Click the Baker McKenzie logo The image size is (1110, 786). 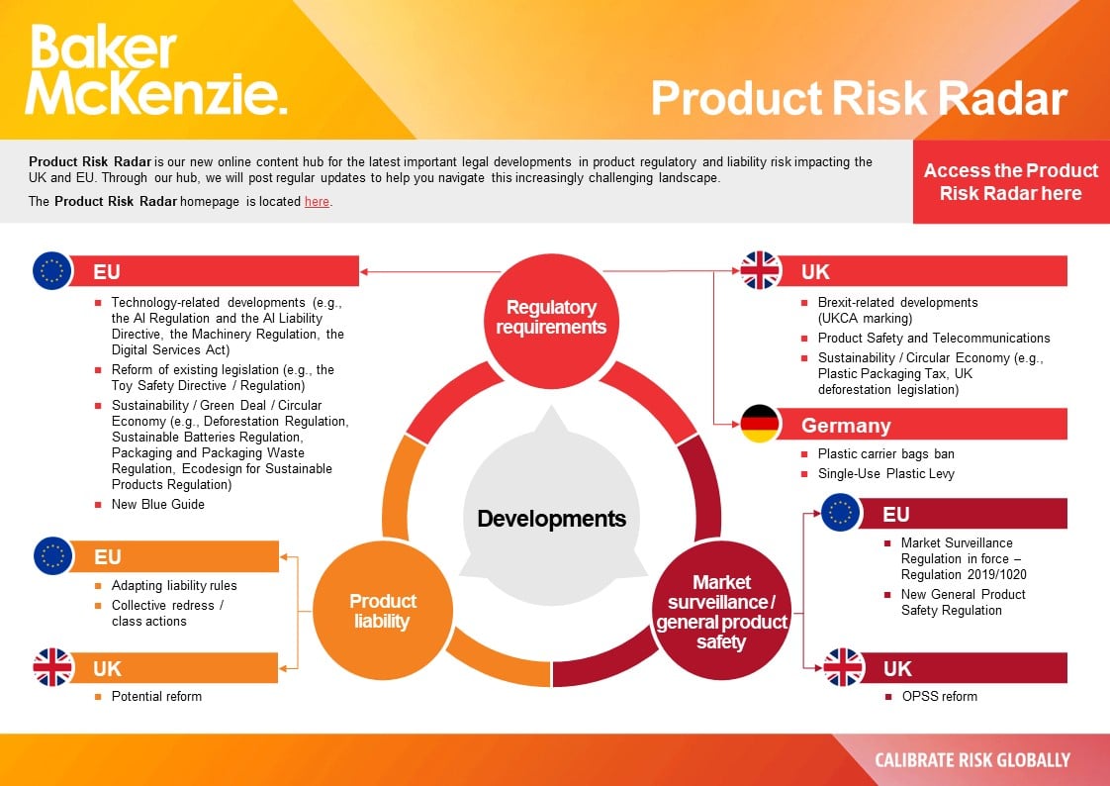[156, 71]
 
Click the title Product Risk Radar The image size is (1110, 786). [858, 99]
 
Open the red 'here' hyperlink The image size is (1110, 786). [317, 202]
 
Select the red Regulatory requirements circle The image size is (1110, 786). [551, 317]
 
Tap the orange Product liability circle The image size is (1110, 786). [383, 611]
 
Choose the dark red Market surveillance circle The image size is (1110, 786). [721, 611]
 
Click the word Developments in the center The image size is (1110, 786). [551, 519]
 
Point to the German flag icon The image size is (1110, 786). [761, 425]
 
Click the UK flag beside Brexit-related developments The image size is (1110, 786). [761, 270]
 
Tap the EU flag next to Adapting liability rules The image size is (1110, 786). [52, 556]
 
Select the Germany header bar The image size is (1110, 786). [920, 425]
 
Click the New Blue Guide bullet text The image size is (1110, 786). [157, 504]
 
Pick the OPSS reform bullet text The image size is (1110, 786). [938, 696]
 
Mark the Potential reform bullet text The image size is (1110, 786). [156, 696]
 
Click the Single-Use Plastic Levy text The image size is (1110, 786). [885, 473]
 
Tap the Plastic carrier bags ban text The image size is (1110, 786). [885, 453]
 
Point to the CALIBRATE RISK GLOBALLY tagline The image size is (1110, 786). [971, 760]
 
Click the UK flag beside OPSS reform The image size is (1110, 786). [844, 668]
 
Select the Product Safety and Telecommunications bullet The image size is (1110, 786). [933, 338]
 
